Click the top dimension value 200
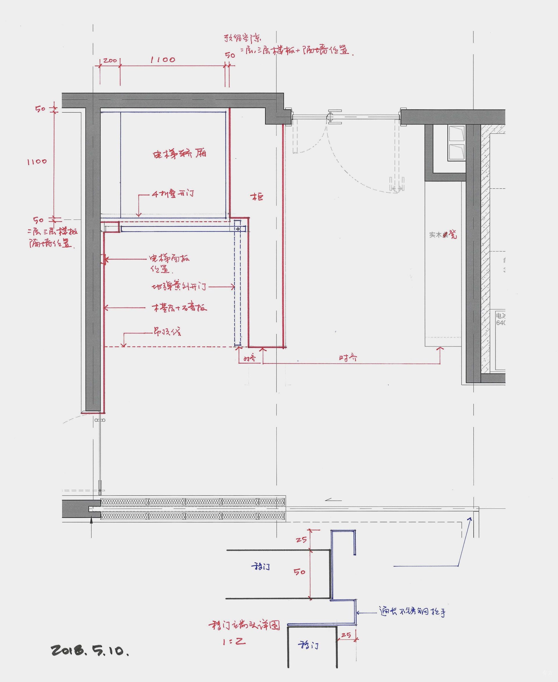(110, 60)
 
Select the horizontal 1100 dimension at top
(163, 60)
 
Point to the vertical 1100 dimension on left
(37, 161)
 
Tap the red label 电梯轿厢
(179, 154)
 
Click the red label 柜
(257, 197)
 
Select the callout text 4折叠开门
(173, 194)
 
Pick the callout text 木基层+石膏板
(179, 308)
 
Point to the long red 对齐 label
(348, 358)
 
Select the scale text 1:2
(234, 642)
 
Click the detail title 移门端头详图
(244, 625)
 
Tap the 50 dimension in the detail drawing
(299, 572)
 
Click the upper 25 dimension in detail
(301, 540)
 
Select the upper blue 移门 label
(260, 566)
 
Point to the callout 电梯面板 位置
(169, 263)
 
